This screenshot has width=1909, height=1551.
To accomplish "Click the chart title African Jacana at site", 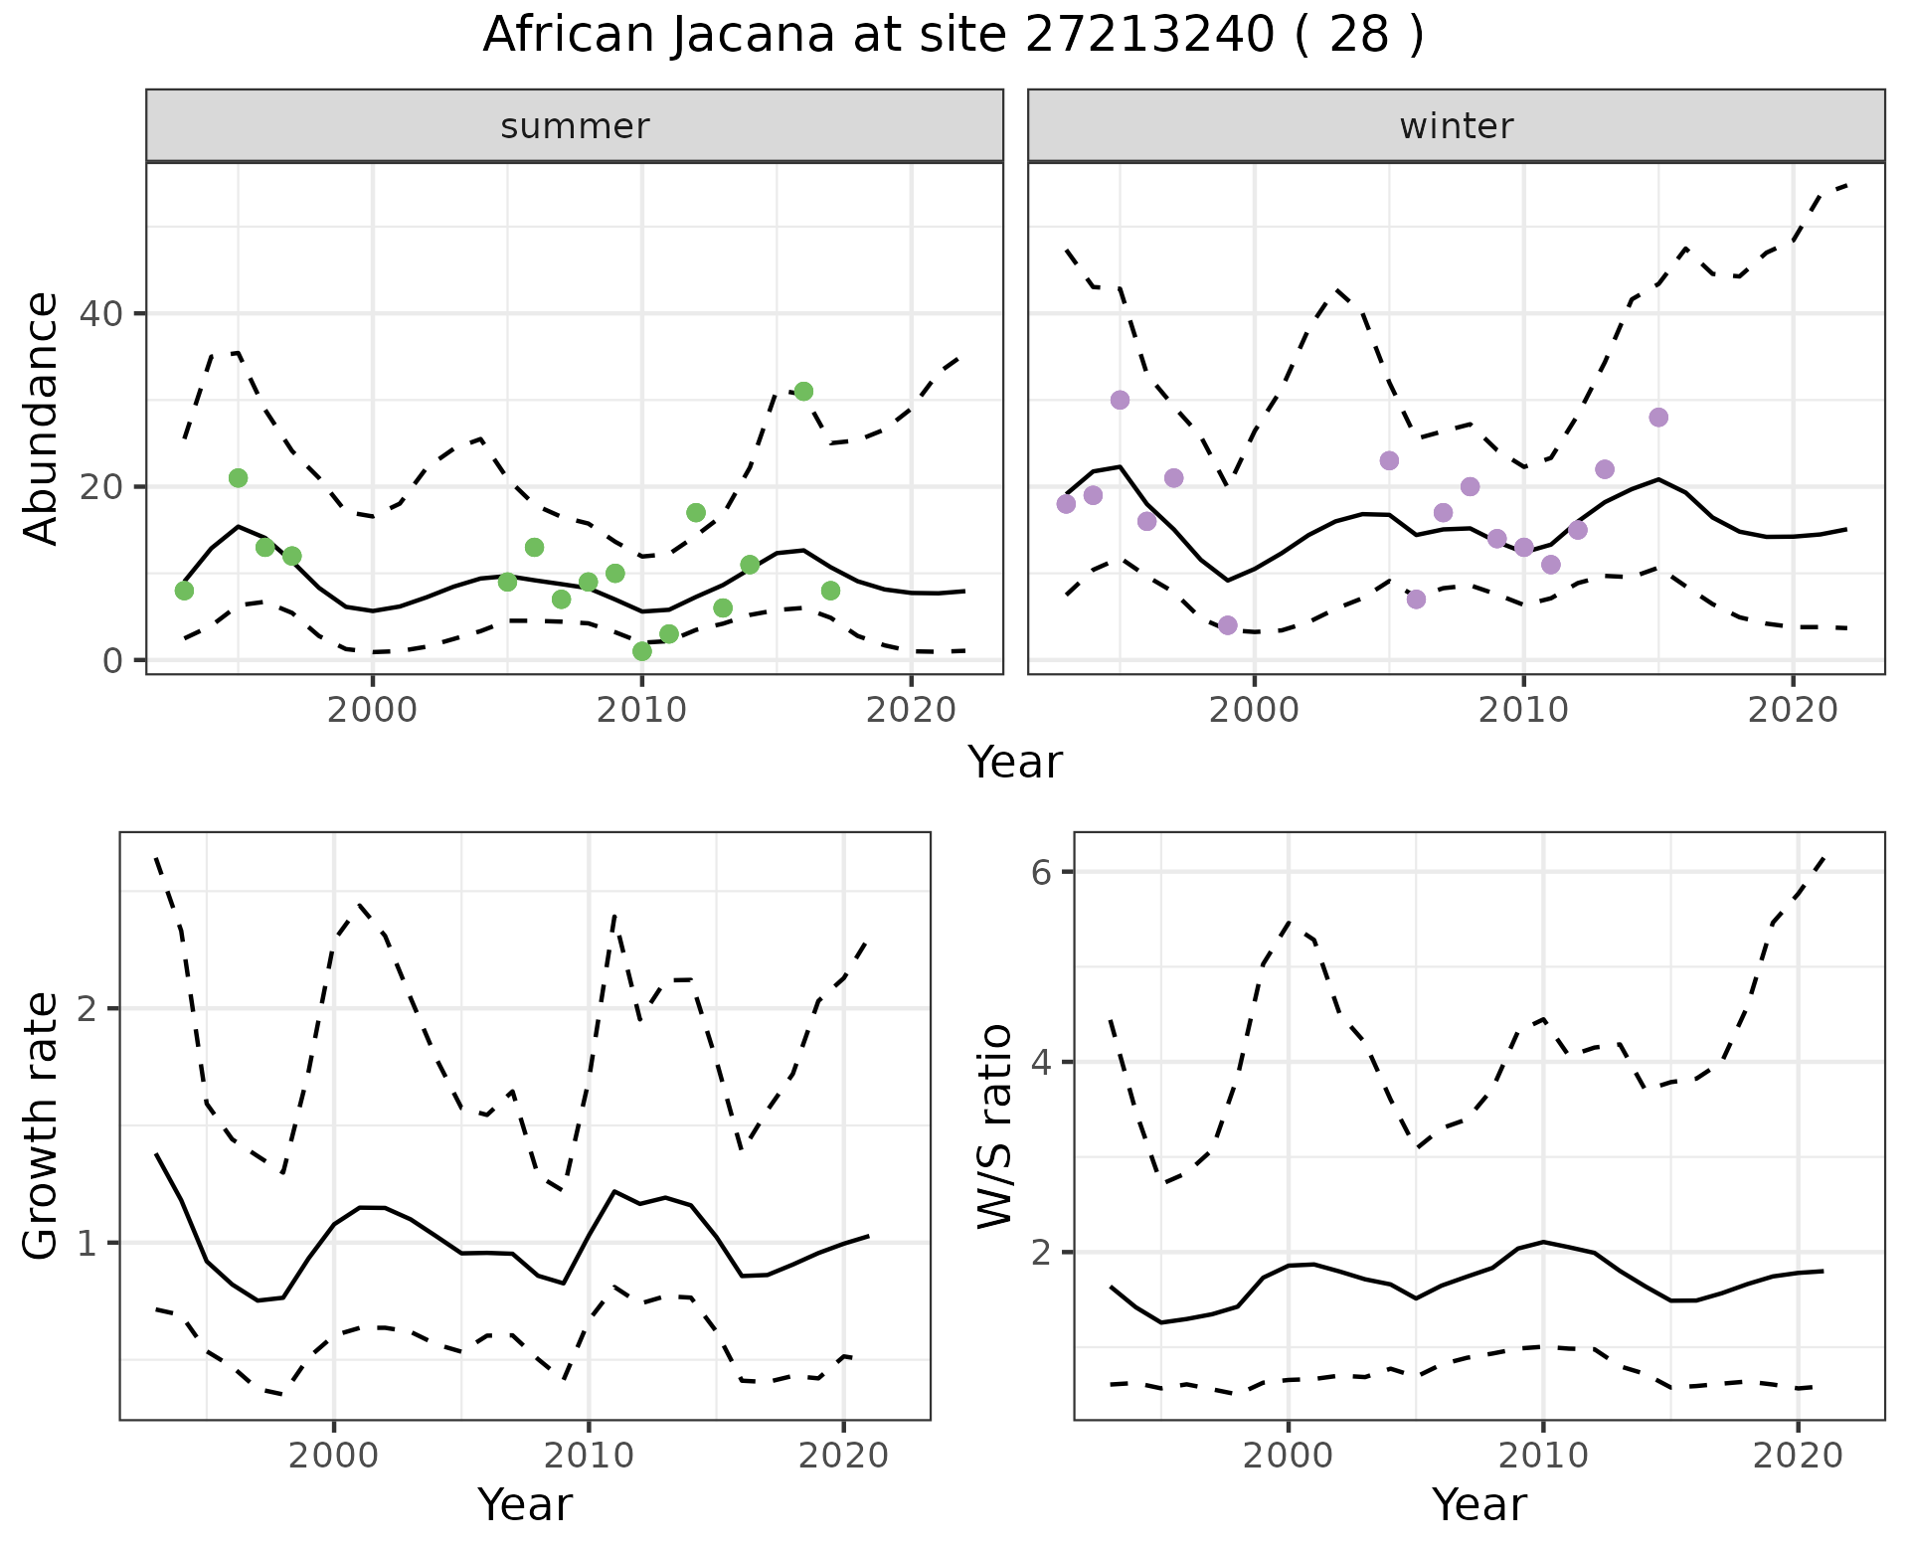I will [953, 36].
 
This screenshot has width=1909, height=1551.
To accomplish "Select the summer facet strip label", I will [575, 126].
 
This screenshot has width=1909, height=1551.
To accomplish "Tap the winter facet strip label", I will [1456, 126].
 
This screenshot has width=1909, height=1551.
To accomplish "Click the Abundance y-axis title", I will [42, 418].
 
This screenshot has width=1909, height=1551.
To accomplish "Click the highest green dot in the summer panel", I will [803, 392].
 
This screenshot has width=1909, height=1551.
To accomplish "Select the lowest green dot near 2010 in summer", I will [642, 651].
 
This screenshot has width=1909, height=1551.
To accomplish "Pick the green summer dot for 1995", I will [238, 478].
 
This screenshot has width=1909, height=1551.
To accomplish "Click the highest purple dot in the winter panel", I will [1120, 400].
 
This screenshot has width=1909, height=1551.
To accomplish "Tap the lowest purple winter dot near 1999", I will [1227, 625].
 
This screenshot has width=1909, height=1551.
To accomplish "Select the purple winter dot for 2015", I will [1657, 418].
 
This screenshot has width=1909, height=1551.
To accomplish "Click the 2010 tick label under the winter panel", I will [1523, 710].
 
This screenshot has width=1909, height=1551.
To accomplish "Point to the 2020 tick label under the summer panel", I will [911, 710].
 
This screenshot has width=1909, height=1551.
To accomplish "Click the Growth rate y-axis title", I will [42, 1125].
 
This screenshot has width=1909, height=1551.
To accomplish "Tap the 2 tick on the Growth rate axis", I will [87, 1008].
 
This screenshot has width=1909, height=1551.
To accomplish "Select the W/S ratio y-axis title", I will [994, 1125].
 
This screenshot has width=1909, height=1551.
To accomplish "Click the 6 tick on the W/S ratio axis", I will [1041, 872].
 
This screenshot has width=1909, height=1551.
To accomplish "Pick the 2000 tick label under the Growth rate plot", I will [334, 1456].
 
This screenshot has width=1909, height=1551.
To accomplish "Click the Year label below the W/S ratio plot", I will [1478, 1505].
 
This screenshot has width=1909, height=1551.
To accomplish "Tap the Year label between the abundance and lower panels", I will [1015, 763].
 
